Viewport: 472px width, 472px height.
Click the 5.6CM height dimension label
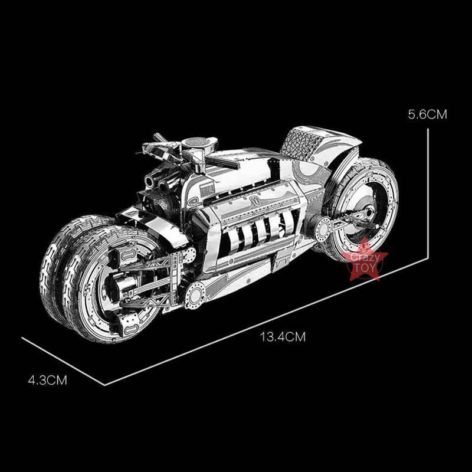click(x=427, y=114)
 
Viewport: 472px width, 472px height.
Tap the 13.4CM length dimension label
click(x=283, y=336)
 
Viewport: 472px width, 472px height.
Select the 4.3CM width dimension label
click(x=48, y=380)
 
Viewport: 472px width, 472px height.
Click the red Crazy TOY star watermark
click(x=365, y=260)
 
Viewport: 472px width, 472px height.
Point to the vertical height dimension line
click(x=428, y=194)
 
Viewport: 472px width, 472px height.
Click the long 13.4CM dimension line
click(x=266, y=322)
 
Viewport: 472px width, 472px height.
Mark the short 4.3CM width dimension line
click(x=63, y=361)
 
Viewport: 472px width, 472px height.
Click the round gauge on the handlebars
click(x=199, y=142)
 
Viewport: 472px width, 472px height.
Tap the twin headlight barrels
click(x=156, y=183)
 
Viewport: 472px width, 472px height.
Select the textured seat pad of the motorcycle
click(x=300, y=141)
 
